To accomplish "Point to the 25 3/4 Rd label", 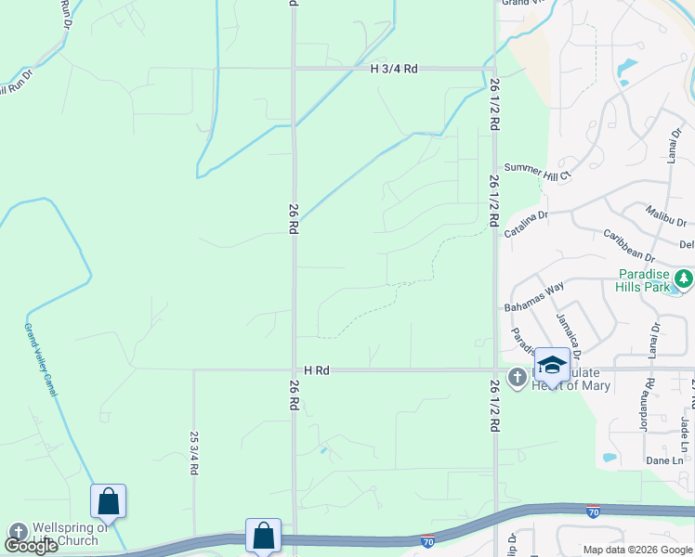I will pyautogui.click(x=195, y=453).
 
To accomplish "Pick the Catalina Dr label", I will pyautogui.click(x=528, y=226).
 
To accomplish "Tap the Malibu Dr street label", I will pyautogui.click(x=666, y=217).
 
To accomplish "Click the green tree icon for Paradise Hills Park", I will pyautogui.click(x=684, y=278).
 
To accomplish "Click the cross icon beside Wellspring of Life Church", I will pyautogui.click(x=17, y=533).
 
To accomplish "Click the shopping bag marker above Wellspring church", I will pyautogui.click(x=109, y=502).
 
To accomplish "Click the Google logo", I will pyautogui.click(x=31, y=546).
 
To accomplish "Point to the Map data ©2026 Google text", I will pyautogui.click(x=636, y=550).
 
